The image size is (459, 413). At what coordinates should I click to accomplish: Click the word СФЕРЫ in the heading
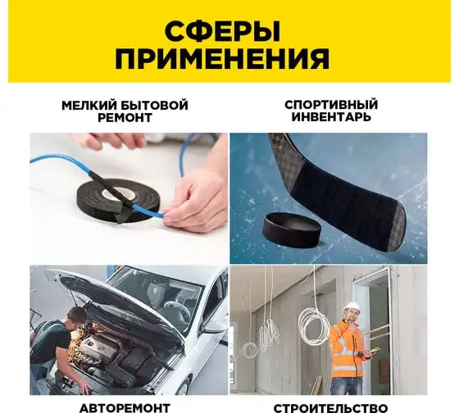coord(222,31)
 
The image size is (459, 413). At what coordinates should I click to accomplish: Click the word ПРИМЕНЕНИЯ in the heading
coord(222,58)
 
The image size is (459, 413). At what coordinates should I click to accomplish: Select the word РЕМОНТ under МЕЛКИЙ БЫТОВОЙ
coord(125,118)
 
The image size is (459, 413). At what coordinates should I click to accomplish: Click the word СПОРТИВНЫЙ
coord(331,105)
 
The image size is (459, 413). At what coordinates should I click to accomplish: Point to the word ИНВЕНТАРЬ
coord(331,117)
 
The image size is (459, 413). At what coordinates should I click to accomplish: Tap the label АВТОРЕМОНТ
coord(125,408)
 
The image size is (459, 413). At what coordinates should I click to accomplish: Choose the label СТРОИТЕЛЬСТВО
coord(331,408)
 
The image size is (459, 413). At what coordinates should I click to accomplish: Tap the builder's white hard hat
coord(352,306)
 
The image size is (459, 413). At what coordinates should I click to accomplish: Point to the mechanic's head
coord(75,316)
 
